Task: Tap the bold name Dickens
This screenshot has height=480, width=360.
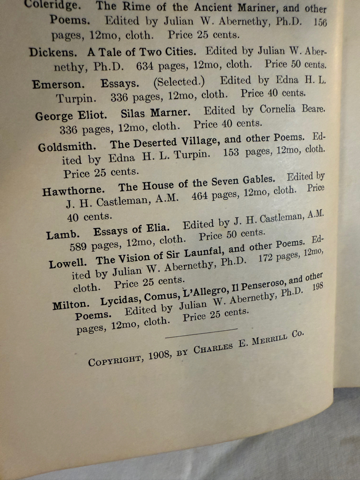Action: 52,52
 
